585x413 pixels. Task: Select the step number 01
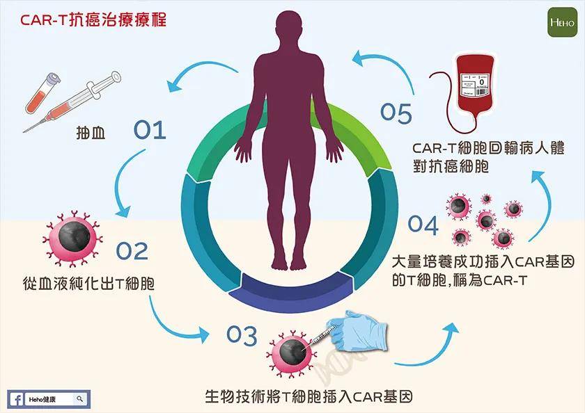[150, 129]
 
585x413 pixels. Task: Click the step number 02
[132, 250]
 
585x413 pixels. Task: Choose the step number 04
[423, 225]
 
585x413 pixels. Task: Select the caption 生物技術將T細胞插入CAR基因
[309, 397]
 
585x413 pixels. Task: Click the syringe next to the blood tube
[73, 104]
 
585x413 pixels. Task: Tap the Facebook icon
[16, 400]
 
